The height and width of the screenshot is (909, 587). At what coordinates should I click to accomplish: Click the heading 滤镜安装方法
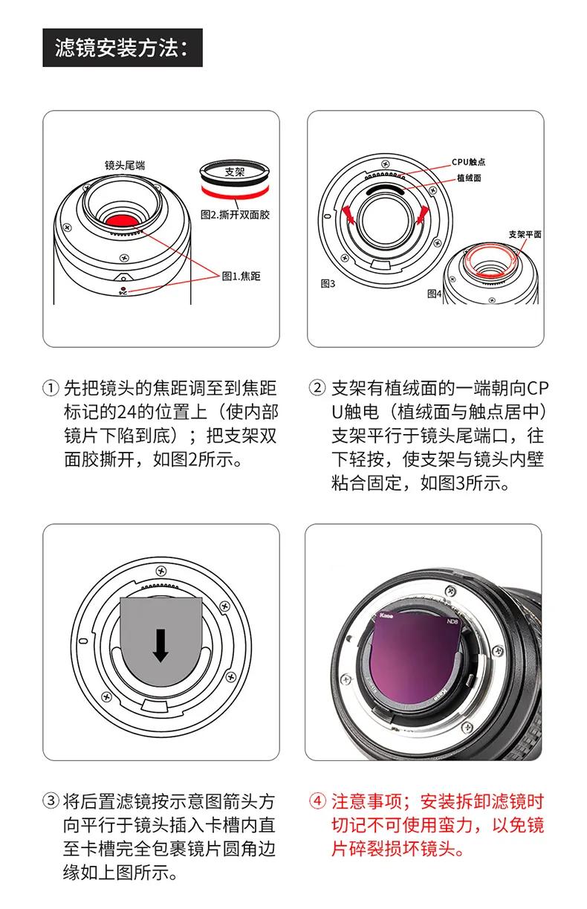tap(122, 48)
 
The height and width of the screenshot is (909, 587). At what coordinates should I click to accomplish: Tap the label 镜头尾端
tap(125, 165)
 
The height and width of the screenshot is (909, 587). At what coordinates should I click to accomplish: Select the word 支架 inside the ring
tap(234, 172)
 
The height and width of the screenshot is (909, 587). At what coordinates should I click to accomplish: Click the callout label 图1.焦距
tap(241, 276)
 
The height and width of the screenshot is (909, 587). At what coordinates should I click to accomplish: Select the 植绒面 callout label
tap(468, 178)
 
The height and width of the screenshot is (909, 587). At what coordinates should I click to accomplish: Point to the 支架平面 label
tap(525, 234)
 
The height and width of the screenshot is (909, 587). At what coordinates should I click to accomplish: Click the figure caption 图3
tap(328, 283)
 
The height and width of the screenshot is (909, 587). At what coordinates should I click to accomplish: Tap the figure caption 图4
tap(435, 293)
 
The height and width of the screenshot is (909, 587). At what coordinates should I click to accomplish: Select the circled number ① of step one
tap(50, 389)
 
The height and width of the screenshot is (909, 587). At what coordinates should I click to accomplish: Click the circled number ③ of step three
tap(50, 801)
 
